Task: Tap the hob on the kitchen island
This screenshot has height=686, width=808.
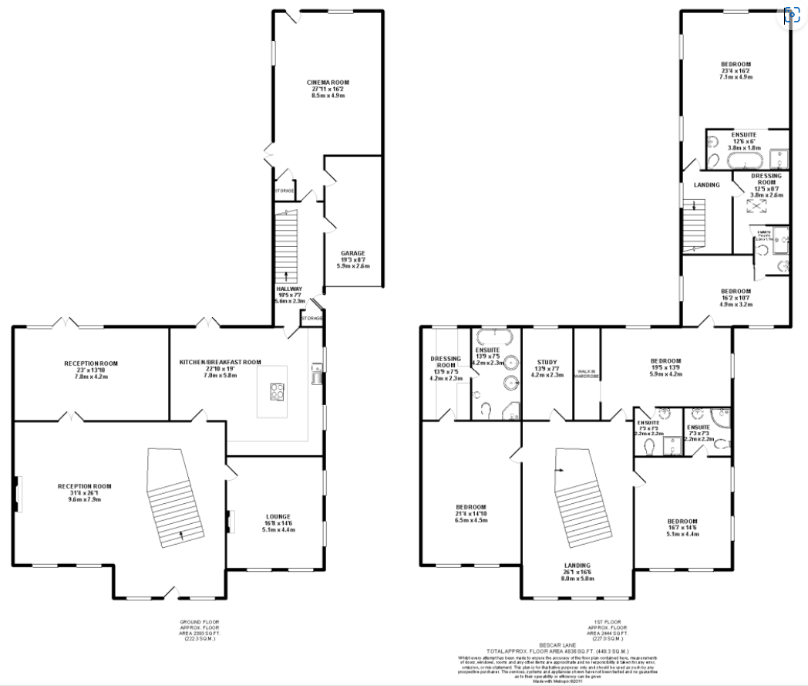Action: (x=275, y=392)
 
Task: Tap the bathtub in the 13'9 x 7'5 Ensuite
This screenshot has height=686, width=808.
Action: (x=491, y=337)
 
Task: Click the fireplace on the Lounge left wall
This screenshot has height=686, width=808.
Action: (x=230, y=522)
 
